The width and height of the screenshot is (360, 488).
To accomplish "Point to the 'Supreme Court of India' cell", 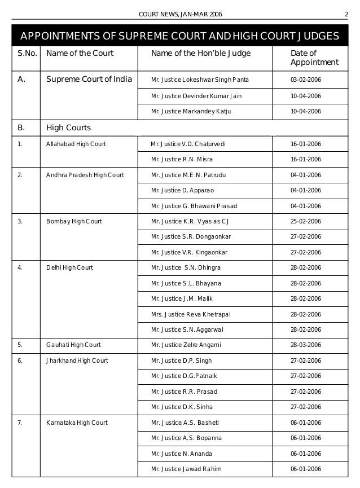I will [x=89, y=80].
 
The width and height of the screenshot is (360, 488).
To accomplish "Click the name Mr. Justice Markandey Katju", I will [x=191, y=111].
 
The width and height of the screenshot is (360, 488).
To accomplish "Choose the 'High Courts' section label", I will [x=69, y=128].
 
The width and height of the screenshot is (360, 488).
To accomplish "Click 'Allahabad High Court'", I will [x=76, y=144].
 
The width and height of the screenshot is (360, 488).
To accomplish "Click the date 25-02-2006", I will [x=305, y=221].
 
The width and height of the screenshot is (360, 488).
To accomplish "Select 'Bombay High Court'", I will [x=74, y=221].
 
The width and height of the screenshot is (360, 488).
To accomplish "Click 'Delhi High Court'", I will [x=70, y=267].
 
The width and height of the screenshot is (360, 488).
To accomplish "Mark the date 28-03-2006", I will [x=305, y=345].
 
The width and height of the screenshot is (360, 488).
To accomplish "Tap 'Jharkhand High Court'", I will [x=77, y=360].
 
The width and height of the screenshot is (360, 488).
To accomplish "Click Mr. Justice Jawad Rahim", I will [x=186, y=469].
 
